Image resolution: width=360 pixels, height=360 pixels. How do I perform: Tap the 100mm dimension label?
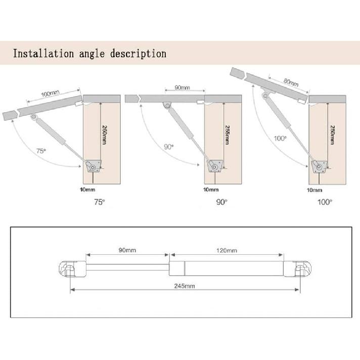tap(51, 93)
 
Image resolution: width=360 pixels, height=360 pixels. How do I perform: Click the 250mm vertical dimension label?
tap(332, 134)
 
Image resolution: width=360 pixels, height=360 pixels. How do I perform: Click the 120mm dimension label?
tap(227, 250)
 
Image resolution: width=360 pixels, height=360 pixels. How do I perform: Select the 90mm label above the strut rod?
tap(127, 250)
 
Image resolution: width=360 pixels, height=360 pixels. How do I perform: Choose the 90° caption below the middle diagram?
tap(221, 201)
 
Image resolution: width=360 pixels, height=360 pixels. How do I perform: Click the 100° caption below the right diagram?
tap(325, 201)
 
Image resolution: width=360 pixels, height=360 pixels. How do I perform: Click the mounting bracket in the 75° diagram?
tap(93, 165)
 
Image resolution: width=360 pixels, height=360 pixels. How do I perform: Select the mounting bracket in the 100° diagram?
tap(319, 166)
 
